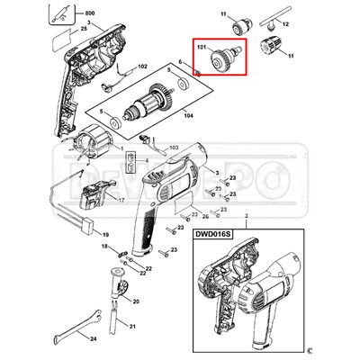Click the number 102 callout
click(x=140, y=67)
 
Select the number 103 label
click(x=174, y=145)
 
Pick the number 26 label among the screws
click(x=205, y=217)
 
